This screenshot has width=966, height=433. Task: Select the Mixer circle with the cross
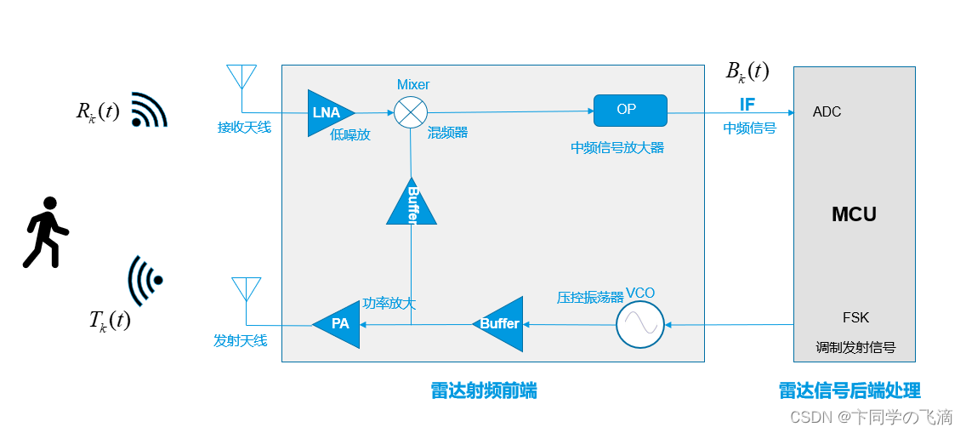(x=411, y=112)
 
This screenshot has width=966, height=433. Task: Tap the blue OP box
(x=629, y=111)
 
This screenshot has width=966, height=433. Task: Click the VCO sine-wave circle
(x=639, y=324)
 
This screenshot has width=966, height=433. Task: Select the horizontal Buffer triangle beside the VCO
(x=500, y=323)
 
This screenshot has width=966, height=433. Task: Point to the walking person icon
(x=46, y=232)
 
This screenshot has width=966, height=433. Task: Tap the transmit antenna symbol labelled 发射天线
(x=246, y=290)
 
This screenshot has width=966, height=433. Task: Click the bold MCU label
(x=854, y=214)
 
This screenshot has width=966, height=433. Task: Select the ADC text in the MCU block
(x=827, y=112)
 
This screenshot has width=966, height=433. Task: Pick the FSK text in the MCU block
(x=855, y=317)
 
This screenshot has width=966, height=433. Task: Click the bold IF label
(x=747, y=105)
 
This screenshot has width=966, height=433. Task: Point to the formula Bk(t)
(x=747, y=72)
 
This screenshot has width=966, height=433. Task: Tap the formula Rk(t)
(x=97, y=112)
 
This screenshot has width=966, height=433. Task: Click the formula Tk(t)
(x=110, y=321)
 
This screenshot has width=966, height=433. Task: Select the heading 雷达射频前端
(x=484, y=390)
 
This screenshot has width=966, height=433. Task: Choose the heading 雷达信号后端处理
(x=850, y=390)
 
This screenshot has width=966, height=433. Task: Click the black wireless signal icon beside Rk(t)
(x=148, y=110)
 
